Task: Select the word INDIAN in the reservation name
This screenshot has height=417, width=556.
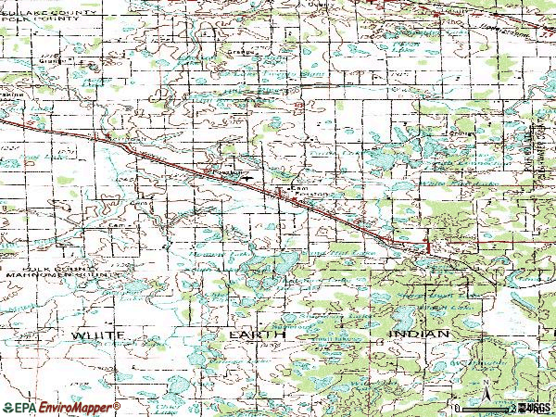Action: click(419, 332)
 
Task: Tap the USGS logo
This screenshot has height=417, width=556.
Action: click(537, 407)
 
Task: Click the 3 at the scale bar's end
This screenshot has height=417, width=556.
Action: click(514, 407)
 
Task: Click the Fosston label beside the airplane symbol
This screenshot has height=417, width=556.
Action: click(221, 171)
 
